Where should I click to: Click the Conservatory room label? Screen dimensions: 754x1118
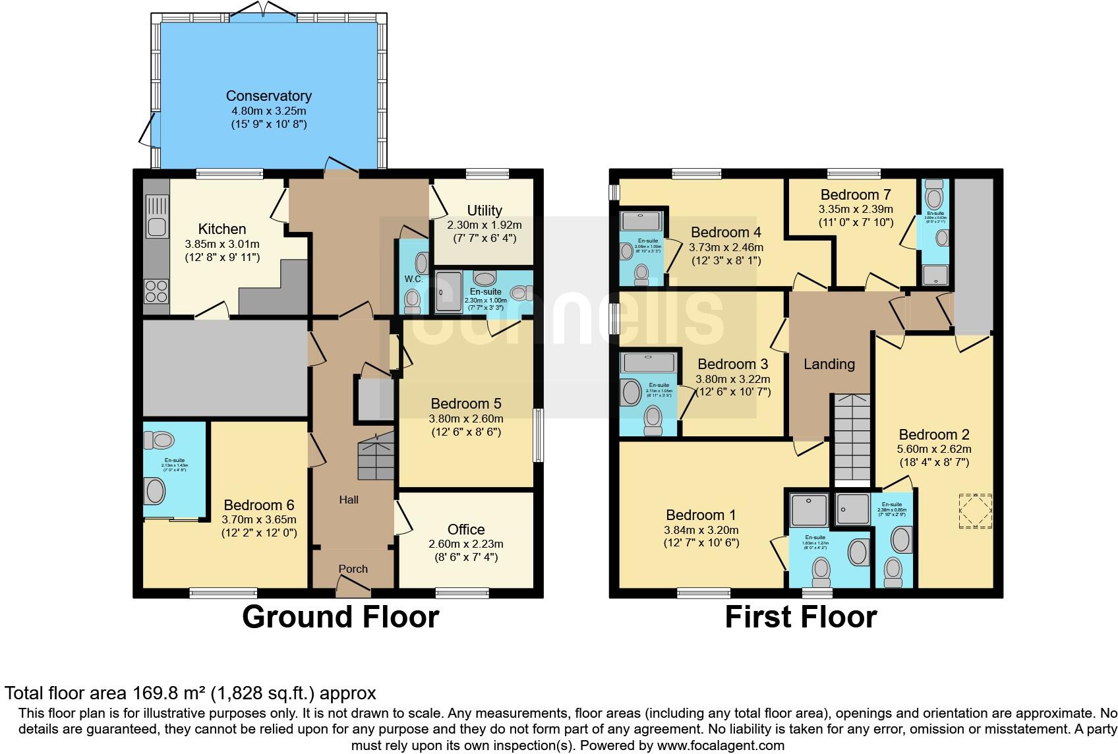(268, 96)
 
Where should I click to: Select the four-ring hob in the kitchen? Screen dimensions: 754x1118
(156, 291)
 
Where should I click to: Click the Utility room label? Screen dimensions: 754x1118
(484, 211)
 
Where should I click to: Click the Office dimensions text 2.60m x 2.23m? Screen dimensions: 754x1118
(465, 544)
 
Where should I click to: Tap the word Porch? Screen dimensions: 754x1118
(353, 569)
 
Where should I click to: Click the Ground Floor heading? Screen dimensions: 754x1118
(340, 618)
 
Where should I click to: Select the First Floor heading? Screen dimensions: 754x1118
(800, 618)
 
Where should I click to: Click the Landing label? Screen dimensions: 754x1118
(829, 364)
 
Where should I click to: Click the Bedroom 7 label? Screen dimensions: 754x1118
(855, 195)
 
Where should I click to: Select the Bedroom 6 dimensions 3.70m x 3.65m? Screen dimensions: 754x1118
(259, 520)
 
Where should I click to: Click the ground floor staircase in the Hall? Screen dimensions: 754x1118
(376, 455)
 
